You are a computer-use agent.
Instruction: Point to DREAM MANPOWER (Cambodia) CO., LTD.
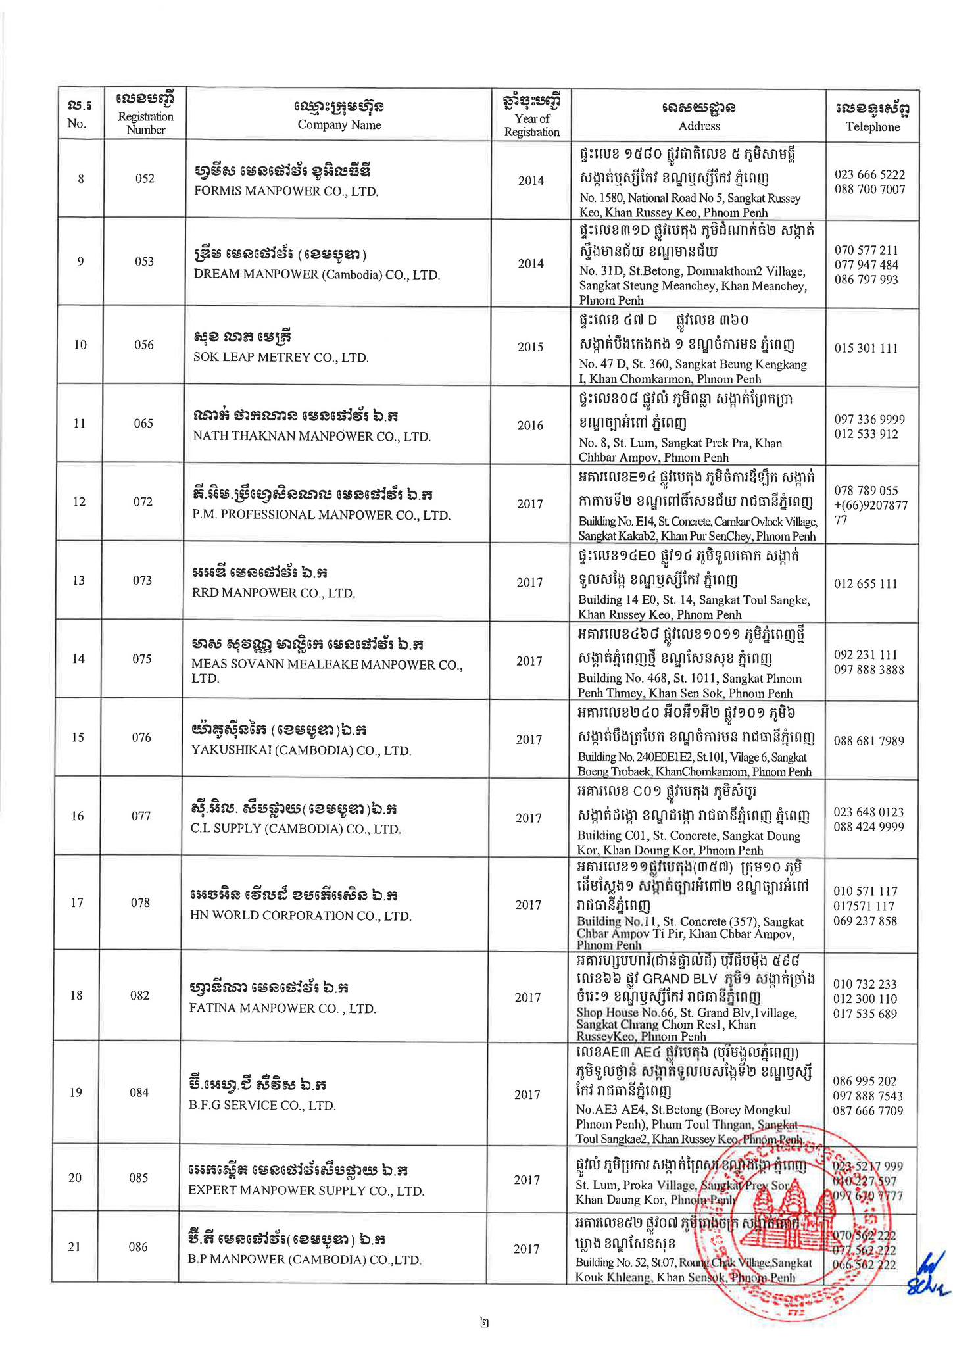pyautogui.click(x=316, y=274)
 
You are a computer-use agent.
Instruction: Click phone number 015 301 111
pyautogui.click(x=866, y=348)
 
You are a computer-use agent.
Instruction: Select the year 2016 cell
pyautogui.click(x=529, y=425)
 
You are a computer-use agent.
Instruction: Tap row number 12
pyautogui.click(x=79, y=502)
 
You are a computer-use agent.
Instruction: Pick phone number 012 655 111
pyautogui.click(x=866, y=583)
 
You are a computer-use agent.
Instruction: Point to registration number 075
pyautogui.click(x=142, y=659)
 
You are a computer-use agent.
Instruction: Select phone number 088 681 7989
pyautogui.click(x=869, y=741)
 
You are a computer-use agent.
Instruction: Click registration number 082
pyautogui.click(x=140, y=995)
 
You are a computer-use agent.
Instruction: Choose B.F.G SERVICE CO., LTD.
pyautogui.click(x=262, y=1105)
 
